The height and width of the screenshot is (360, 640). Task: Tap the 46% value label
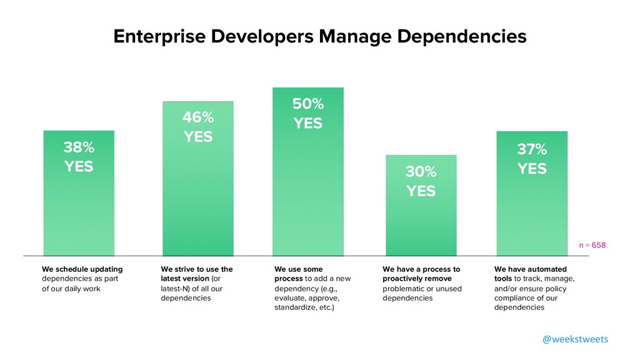[197, 117]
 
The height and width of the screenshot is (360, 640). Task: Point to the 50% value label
[308, 104]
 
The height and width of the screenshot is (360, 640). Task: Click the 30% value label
[421, 171]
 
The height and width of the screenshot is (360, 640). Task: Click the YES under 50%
[308, 124]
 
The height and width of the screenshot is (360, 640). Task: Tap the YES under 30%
[421, 191]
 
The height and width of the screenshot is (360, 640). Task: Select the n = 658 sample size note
[592, 245]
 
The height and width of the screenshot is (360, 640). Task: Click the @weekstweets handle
[574, 339]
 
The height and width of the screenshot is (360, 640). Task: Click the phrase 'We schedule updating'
[82, 269]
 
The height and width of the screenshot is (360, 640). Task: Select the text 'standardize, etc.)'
[304, 308]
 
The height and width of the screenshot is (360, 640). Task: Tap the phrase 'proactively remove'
[417, 279]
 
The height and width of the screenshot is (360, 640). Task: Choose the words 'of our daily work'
[71, 289]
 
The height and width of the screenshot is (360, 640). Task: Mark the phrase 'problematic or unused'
[422, 289]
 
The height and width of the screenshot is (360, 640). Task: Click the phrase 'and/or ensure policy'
[530, 289]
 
